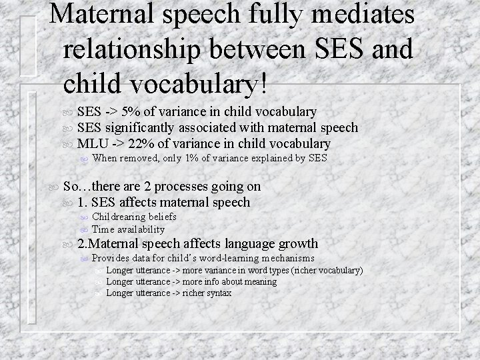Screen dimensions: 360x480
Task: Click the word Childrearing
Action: [x=122, y=217]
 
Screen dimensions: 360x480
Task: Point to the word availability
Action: [x=141, y=229]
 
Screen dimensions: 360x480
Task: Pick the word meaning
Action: [x=261, y=281]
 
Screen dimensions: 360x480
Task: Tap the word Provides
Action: [x=111, y=258]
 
